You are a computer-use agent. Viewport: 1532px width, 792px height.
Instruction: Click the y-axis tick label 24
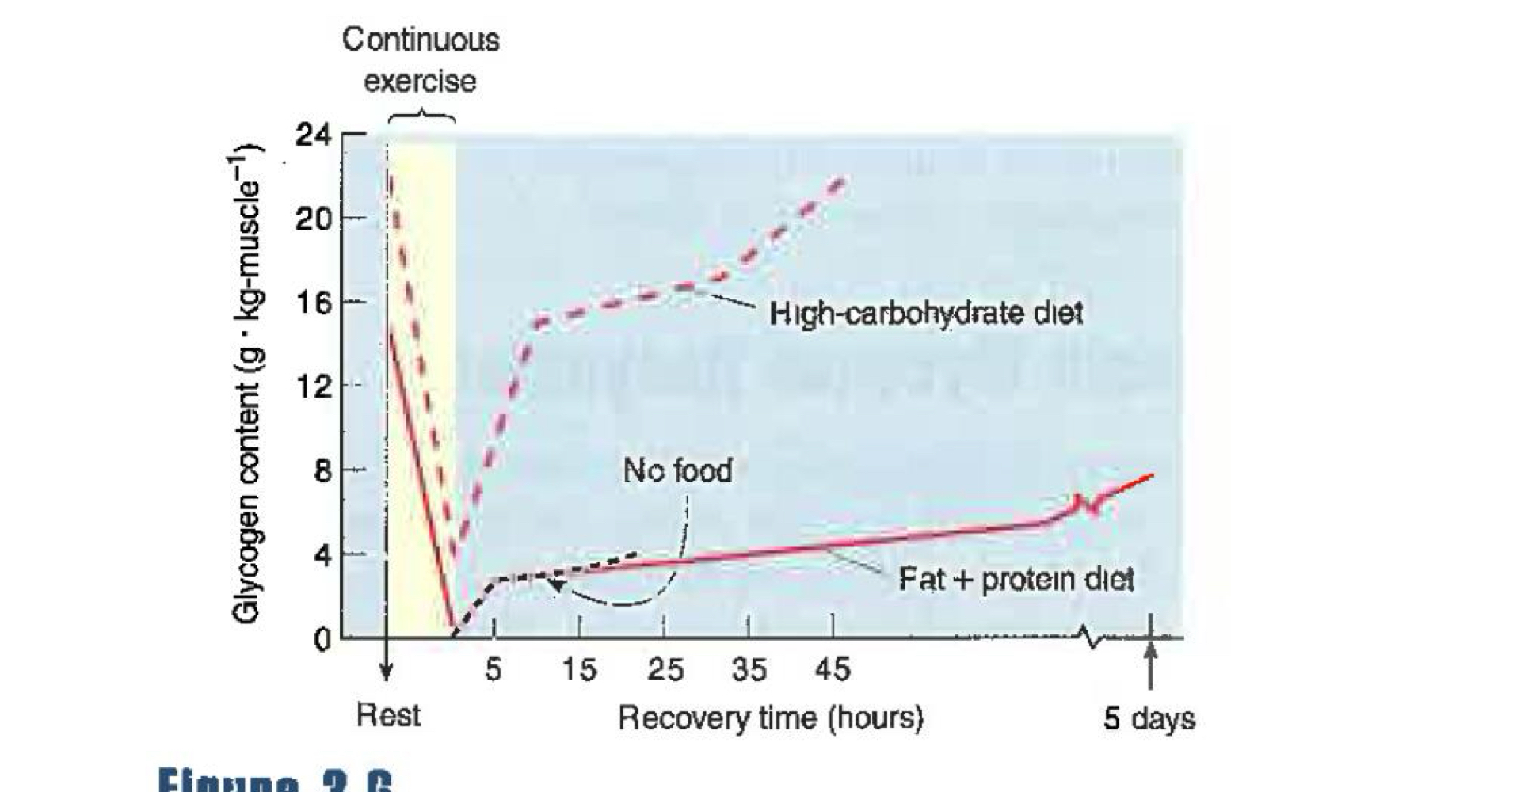(x=314, y=135)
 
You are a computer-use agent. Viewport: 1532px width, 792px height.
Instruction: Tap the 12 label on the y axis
(x=314, y=386)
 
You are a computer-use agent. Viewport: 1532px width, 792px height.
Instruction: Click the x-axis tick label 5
(x=494, y=670)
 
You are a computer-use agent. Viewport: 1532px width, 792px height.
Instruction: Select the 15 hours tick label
(x=579, y=670)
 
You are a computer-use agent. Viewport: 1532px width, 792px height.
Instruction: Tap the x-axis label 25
(x=665, y=670)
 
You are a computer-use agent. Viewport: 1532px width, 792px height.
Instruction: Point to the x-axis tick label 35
(x=749, y=670)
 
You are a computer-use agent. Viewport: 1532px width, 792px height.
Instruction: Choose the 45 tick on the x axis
(x=833, y=670)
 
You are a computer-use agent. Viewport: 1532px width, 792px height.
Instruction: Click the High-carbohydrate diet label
(x=925, y=314)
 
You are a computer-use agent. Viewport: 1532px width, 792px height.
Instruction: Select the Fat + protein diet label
(x=1016, y=580)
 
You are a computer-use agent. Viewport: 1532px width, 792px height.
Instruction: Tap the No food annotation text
(x=677, y=471)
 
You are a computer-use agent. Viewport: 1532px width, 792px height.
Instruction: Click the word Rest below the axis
(x=388, y=715)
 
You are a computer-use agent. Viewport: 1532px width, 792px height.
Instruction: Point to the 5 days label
(x=1149, y=718)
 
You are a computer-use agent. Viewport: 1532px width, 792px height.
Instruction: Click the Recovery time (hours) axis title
(x=771, y=718)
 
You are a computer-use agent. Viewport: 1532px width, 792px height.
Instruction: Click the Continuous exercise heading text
(x=421, y=60)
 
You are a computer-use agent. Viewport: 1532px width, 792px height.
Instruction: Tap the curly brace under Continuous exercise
(x=421, y=116)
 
